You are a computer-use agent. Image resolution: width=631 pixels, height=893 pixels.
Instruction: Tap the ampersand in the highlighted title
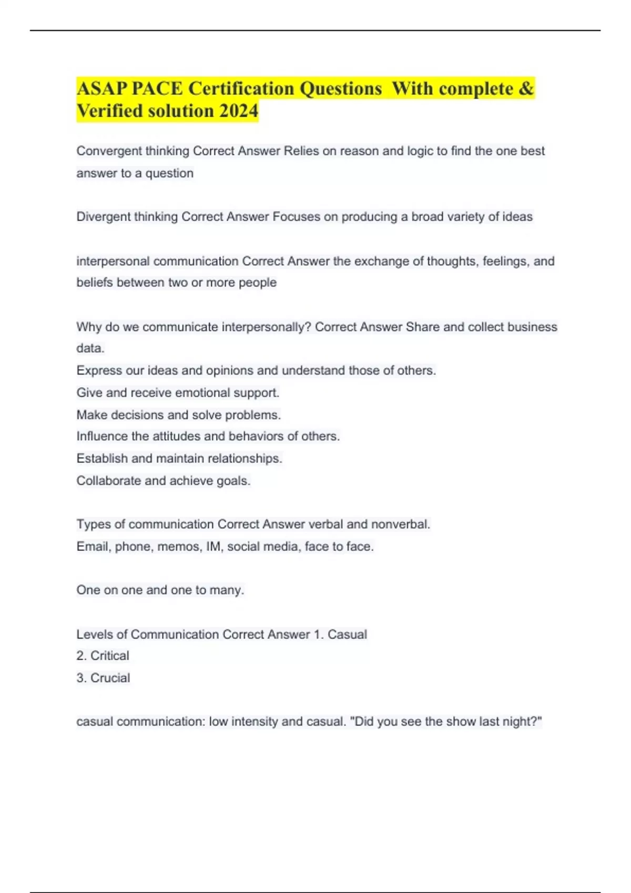coord(526,88)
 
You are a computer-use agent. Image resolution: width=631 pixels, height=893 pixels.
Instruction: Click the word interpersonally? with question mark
coord(267,327)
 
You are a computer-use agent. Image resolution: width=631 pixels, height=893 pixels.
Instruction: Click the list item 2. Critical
coord(103,656)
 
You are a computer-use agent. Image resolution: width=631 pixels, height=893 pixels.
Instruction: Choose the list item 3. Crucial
coord(103,678)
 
